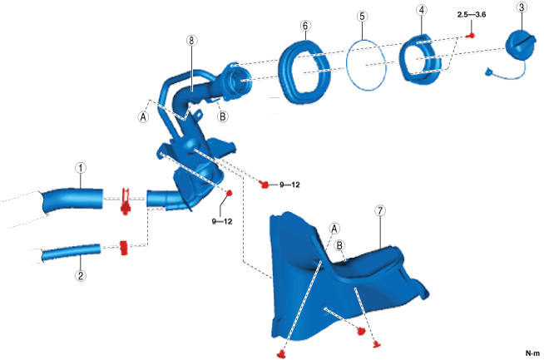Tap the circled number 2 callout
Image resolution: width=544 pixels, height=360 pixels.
[81, 275]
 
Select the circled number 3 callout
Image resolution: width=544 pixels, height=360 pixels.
[522, 7]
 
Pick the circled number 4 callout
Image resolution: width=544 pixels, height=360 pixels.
[423, 10]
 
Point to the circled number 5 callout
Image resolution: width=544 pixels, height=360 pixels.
[361, 16]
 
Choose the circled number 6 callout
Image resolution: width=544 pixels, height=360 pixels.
[306, 26]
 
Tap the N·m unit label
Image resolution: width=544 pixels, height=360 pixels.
[531, 353]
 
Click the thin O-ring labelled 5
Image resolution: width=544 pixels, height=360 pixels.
[366, 62]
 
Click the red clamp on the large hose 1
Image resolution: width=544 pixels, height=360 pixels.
[125, 200]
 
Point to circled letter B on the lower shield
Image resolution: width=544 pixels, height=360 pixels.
[339, 246]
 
